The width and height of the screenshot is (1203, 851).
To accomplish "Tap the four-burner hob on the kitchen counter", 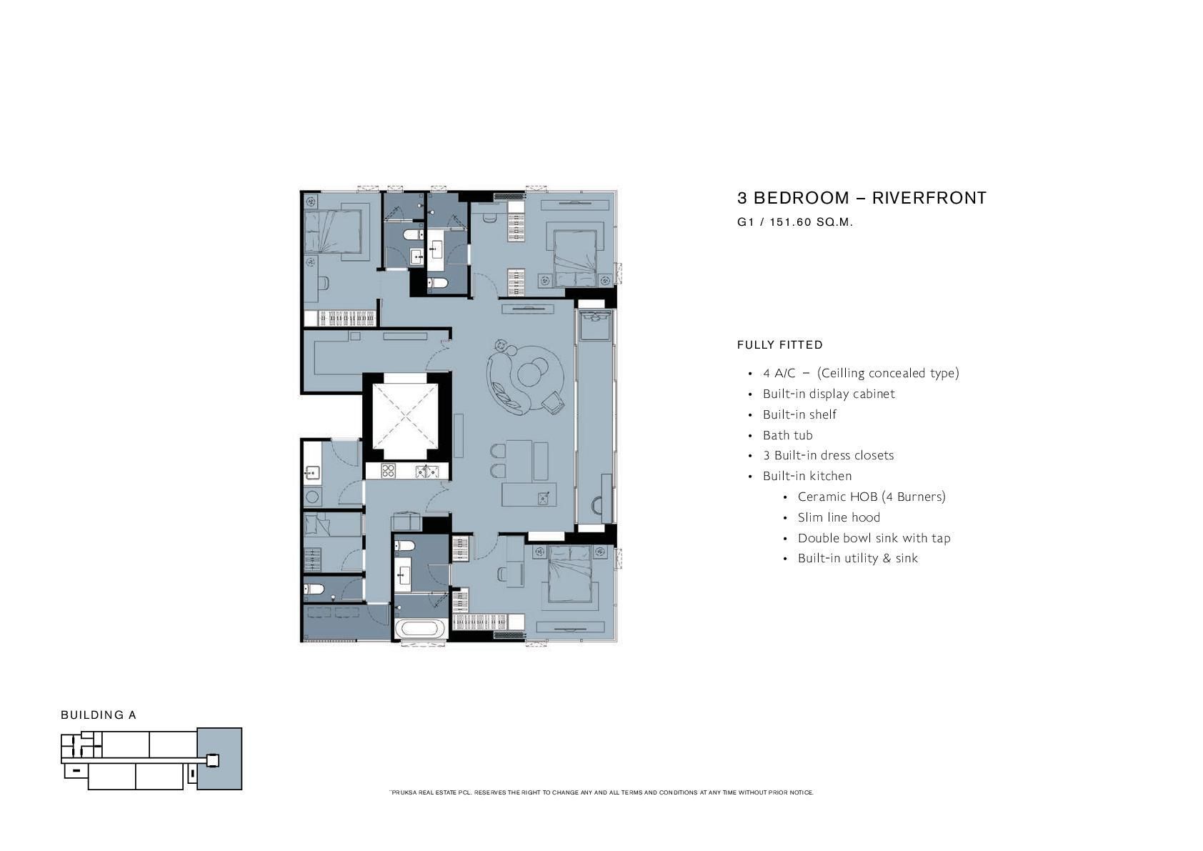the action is [x=389, y=471].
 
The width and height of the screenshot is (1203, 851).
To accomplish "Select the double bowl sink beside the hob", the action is [x=427, y=472].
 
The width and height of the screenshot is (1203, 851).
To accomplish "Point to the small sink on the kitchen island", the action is [x=544, y=498].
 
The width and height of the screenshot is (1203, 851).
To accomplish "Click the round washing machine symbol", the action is [x=312, y=497].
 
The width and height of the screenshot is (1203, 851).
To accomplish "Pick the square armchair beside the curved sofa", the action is [x=553, y=402].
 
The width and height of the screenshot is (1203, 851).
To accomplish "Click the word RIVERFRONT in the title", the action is [x=929, y=198].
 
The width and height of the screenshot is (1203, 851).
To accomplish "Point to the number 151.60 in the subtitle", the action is [x=790, y=222].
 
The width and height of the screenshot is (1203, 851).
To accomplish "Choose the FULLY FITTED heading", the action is [x=780, y=345].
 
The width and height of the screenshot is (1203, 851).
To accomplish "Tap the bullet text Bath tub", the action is [x=788, y=435].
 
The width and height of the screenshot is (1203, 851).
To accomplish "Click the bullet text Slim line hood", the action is [x=839, y=517].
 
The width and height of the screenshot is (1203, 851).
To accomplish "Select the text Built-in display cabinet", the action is [x=829, y=394].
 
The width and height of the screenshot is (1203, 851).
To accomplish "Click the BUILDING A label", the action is [x=99, y=715].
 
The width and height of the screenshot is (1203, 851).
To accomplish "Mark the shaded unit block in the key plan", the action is [x=219, y=759].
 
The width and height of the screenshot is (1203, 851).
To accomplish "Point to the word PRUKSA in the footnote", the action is [x=404, y=792].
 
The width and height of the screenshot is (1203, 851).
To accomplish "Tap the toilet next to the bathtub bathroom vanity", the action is [x=404, y=547].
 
